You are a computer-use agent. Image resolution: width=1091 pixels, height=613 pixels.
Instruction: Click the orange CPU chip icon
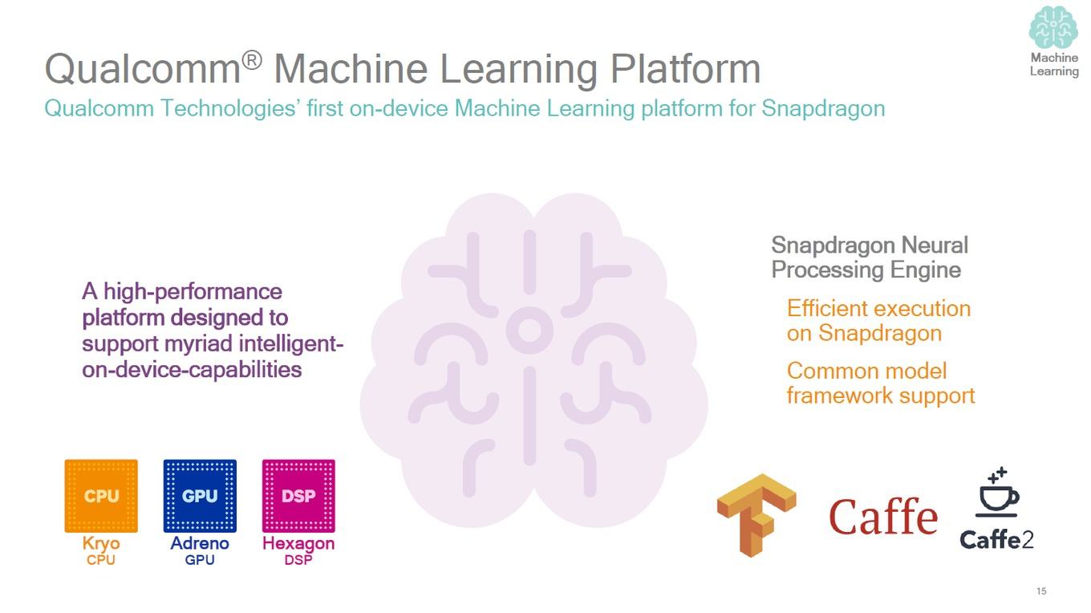click(x=101, y=496)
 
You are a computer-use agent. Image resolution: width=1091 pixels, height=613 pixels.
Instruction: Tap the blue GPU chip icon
click(x=201, y=496)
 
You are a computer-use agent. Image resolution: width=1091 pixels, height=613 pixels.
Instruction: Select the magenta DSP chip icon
click(x=298, y=496)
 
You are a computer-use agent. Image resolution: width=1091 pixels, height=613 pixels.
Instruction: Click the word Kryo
click(x=101, y=544)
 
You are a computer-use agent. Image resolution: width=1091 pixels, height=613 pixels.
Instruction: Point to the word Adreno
click(x=200, y=543)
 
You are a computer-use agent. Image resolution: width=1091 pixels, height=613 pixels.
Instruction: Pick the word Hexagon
click(x=298, y=544)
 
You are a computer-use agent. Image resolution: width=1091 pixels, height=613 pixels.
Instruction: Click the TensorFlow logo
click(x=756, y=515)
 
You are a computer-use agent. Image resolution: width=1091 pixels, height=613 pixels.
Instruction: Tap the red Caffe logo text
click(x=883, y=516)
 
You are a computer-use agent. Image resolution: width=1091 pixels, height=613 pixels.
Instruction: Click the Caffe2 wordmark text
click(x=996, y=539)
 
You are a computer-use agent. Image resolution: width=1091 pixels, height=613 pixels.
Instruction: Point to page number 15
click(x=1041, y=591)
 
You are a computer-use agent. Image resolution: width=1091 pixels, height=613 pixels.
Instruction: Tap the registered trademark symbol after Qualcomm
click(x=252, y=60)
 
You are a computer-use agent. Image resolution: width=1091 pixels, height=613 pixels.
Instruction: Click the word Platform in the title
click(x=685, y=69)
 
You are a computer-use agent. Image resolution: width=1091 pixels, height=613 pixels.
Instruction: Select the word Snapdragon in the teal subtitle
click(x=824, y=108)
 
